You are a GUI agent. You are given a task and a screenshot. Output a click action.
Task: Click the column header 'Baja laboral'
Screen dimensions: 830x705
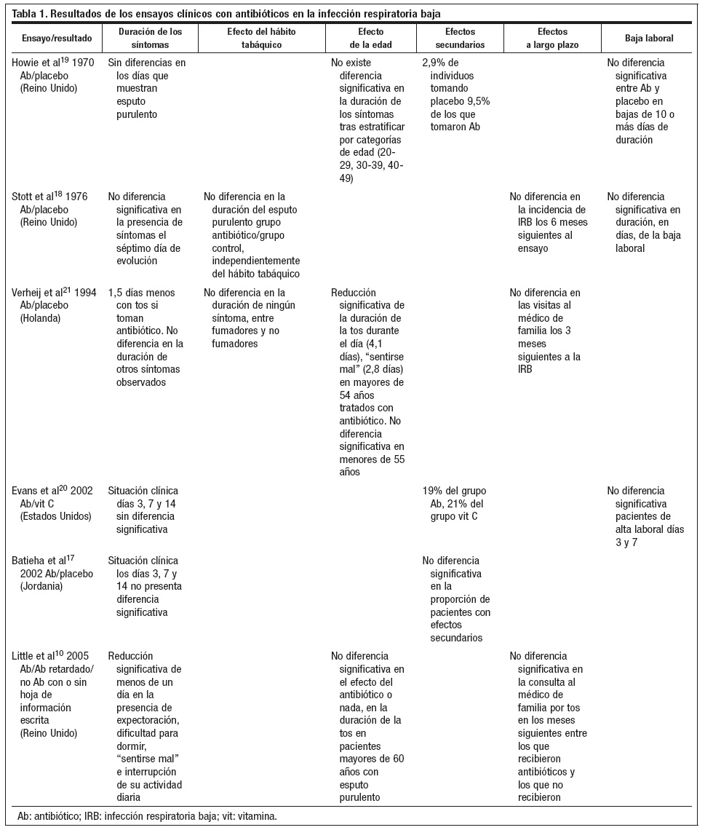[x=649, y=38]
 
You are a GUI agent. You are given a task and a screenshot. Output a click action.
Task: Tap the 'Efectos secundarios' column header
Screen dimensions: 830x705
[x=461, y=38]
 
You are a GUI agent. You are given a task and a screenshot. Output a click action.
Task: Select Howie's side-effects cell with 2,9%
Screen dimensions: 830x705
[x=456, y=95]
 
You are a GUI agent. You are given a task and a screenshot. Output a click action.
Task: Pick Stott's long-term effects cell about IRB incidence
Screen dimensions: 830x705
[x=549, y=222]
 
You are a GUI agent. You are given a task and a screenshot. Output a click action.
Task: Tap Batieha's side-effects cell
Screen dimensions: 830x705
[x=456, y=598]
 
